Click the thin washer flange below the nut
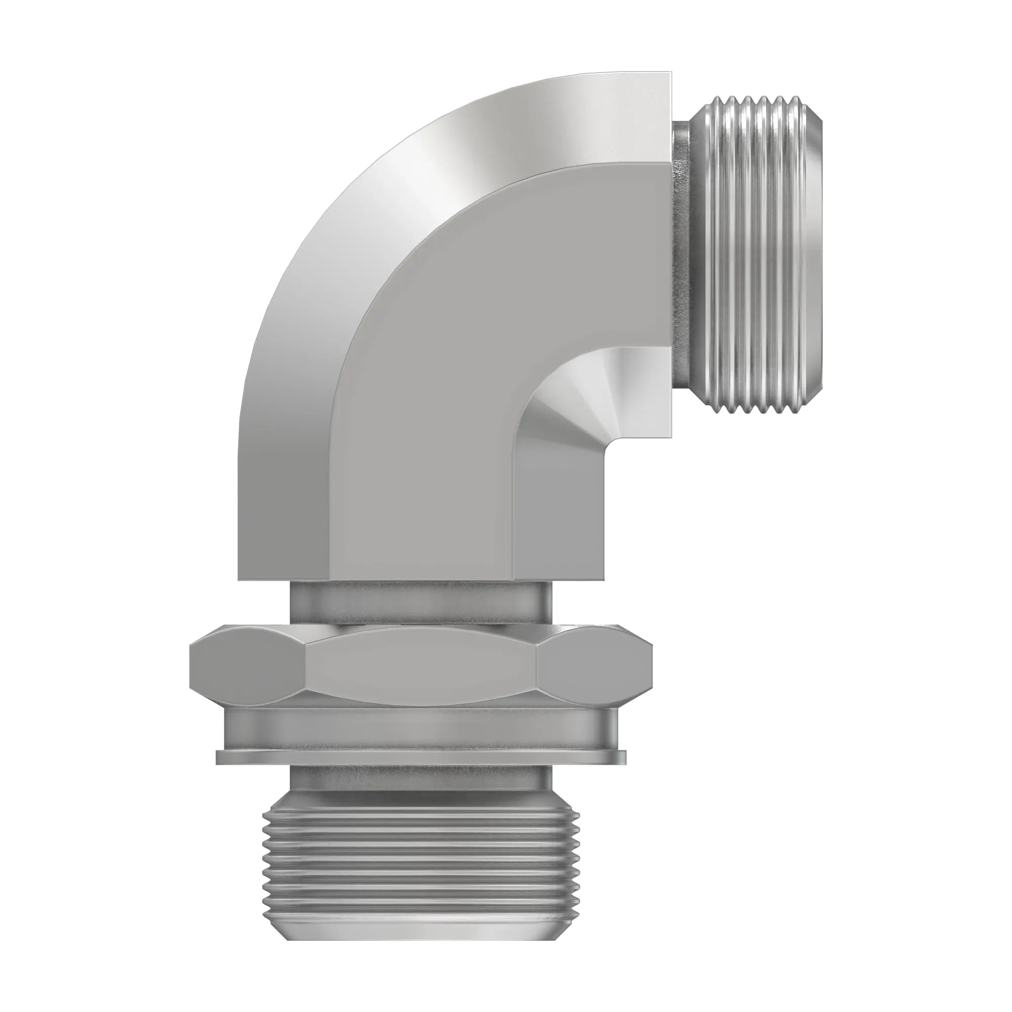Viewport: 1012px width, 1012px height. [421, 757]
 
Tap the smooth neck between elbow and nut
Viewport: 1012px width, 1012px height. [421, 602]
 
